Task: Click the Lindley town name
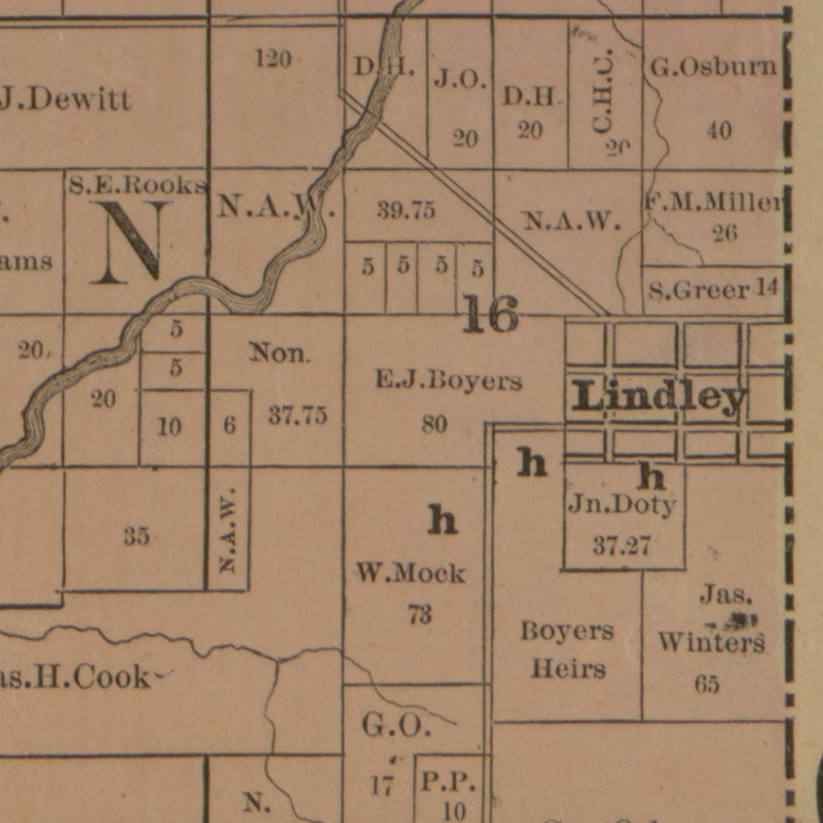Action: pyautogui.click(x=658, y=397)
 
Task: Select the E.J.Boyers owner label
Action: pyautogui.click(x=448, y=380)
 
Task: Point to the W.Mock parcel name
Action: pyautogui.click(x=411, y=574)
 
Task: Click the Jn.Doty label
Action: pyautogui.click(x=622, y=504)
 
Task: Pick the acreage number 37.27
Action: pyautogui.click(x=622, y=546)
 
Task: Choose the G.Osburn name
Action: pyautogui.click(x=713, y=68)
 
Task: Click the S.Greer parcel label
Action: pyautogui.click(x=699, y=290)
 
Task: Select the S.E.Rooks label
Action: pyautogui.click(x=138, y=185)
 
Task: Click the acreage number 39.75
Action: pyautogui.click(x=406, y=210)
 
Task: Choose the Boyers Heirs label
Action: pyautogui.click(x=567, y=649)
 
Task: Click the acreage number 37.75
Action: pyautogui.click(x=297, y=415)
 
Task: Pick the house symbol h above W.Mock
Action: pyautogui.click(x=443, y=520)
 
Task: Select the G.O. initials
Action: pyautogui.click(x=396, y=725)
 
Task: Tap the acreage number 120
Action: pyautogui.click(x=274, y=59)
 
